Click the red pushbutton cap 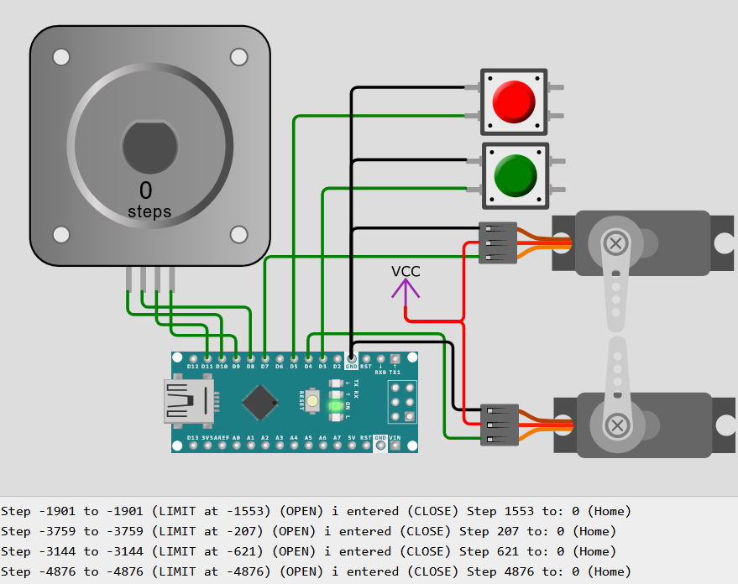(513, 101)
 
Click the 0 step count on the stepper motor (146, 190)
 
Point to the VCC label (406, 271)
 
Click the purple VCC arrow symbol (406, 289)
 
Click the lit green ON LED (336, 406)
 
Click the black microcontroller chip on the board (260, 402)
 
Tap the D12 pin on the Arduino (193, 358)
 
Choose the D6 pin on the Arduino (279, 358)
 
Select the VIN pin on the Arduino (395, 445)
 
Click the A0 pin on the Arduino (236, 445)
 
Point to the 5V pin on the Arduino (352, 445)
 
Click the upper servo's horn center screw (617, 244)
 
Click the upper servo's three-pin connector (497, 243)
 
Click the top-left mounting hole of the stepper (61, 57)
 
